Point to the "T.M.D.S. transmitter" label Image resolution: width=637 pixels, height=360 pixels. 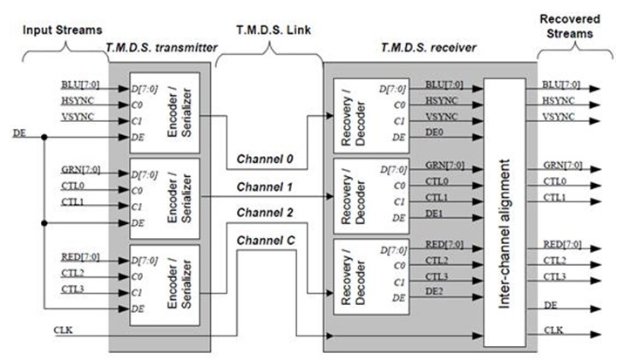point(159,50)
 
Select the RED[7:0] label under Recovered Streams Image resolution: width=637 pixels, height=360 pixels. point(561,244)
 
